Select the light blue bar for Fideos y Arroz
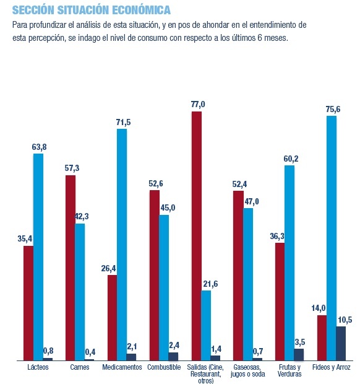click(332, 238)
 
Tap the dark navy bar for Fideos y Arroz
click(341, 343)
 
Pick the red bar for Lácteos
click(28, 303)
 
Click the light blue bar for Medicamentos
click(122, 245)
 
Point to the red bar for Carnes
click(71, 268)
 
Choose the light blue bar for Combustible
click(164, 288)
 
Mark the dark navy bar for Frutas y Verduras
click(299, 355)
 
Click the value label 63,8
click(39, 147)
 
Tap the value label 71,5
click(124, 122)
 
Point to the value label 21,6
click(210, 284)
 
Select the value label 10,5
click(345, 320)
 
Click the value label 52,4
click(239, 184)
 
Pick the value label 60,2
click(291, 159)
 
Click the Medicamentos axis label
click(122, 367)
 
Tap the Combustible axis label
click(164, 367)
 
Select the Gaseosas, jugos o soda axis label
click(248, 370)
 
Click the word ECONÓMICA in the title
click(142, 10)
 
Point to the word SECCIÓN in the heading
click(33, 10)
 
